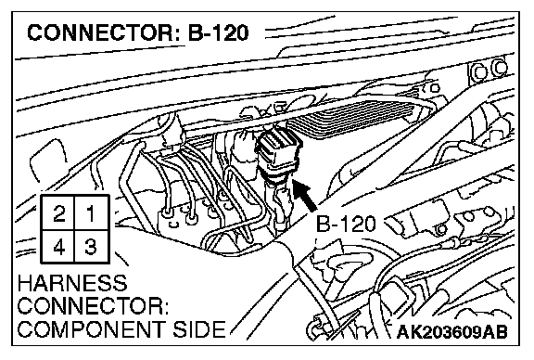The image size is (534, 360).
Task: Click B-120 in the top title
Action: [x=219, y=33]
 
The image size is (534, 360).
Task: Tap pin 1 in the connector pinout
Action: [x=91, y=213]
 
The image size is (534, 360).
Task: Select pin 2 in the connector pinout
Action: [x=58, y=213]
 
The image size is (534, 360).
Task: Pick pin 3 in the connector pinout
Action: [x=91, y=247]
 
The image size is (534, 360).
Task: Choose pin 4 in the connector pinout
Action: [x=58, y=247]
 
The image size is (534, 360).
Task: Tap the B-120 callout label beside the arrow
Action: [x=346, y=224]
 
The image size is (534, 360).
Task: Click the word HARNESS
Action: [x=72, y=284]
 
